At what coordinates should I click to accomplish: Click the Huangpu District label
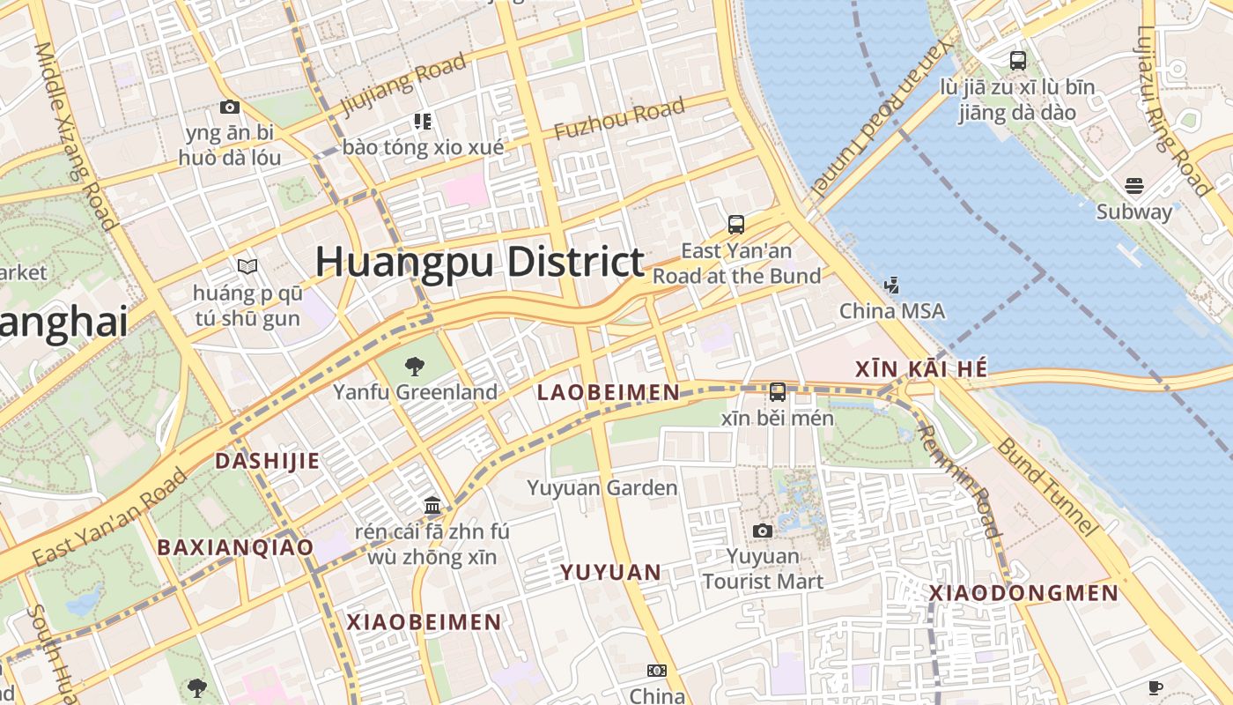click(480, 263)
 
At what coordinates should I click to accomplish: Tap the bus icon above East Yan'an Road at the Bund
click(736, 225)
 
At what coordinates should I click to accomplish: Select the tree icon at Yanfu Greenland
click(414, 367)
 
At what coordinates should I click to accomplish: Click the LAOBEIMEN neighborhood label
click(609, 393)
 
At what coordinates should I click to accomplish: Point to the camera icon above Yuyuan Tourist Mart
click(763, 531)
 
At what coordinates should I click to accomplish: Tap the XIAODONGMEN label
click(1023, 593)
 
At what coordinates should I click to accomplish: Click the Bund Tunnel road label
click(1048, 486)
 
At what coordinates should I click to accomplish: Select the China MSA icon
click(892, 286)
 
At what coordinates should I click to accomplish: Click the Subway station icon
click(1134, 186)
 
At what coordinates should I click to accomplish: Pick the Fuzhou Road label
click(619, 119)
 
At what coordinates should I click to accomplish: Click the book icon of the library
click(247, 266)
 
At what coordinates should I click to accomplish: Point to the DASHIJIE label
click(267, 461)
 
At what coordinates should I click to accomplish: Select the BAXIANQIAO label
click(235, 547)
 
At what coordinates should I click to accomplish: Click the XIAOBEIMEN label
click(424, 622)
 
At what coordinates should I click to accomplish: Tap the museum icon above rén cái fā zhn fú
click(432, 506)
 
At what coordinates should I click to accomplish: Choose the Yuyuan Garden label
click(602, 487)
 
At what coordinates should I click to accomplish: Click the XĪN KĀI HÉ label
click(921, 370)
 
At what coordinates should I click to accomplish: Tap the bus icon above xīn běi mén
click(778, 392)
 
